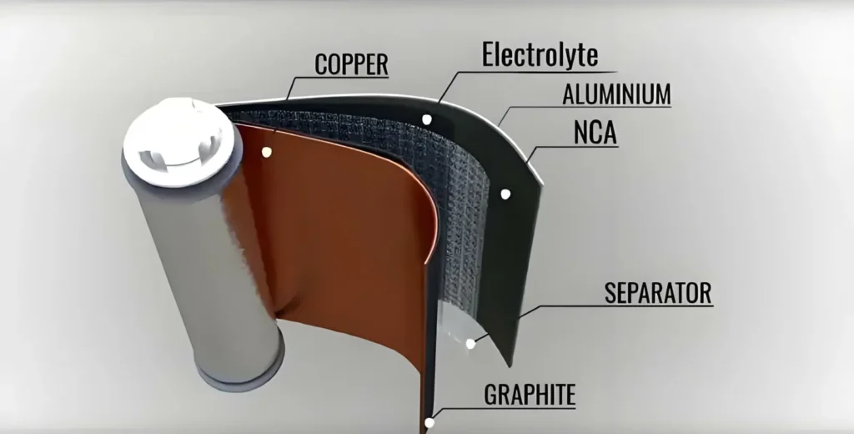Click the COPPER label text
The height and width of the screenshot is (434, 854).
[351, 64]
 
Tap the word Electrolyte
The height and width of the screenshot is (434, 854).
[540, 54]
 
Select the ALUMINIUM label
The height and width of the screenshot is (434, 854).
[616, 94]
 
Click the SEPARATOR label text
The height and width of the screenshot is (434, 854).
[658, 294]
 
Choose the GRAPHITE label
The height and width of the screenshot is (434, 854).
[530, 395]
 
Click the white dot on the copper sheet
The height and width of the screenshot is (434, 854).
[267, 152]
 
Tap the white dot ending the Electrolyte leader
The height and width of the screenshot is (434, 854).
[427, 119]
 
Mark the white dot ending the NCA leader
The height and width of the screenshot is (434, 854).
[505, 194]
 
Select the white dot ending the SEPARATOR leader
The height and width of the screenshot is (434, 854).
[470, 342]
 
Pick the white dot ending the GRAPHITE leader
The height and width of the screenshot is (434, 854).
[430, 422]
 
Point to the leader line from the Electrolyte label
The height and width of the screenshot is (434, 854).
[450, 83]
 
